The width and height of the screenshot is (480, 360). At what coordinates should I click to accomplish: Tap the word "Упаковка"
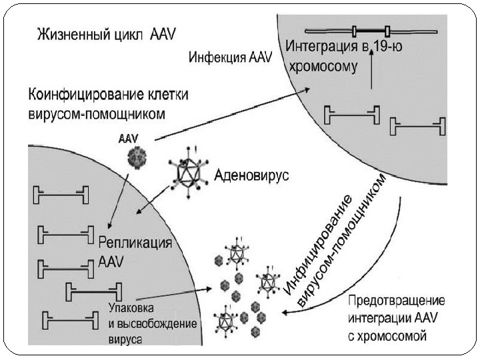pos(130,308)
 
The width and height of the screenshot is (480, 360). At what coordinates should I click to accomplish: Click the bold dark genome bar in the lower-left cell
pos(94,292)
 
